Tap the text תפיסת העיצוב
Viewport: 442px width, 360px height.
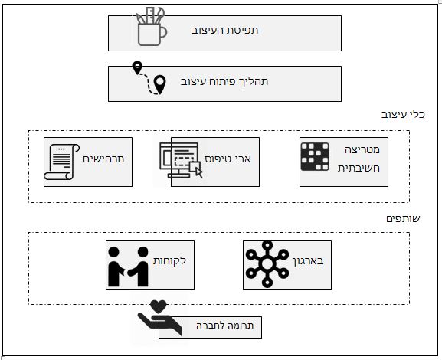pyautogui.click(x=224, y=30)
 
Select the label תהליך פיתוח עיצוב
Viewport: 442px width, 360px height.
pyautogui.click(x=224, y=81)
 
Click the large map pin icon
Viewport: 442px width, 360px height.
pyautogui.click(x=160, y=84)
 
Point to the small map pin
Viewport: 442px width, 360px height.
pyautogui.click(x=137, y=68)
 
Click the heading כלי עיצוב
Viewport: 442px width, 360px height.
pyautogui.click(x=403, y=114)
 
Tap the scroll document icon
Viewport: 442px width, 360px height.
pyautogui.click(x=62, y=162)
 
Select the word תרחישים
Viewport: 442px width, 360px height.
pyautogui.click(x=103, y=159)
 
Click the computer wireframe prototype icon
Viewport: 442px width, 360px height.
pyautogui.click(x=181, y=160)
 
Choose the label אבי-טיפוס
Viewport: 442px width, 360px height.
pyautogui.click(x=228, y=159)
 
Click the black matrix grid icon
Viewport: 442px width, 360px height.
pyautogui.click(x=315, y=157)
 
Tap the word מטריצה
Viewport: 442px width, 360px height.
pyautogui.click(x=362, y=149)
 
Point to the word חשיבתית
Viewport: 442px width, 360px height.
pyautogui.click(x=359, y=169)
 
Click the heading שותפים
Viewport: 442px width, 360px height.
pyautogui.click(x=403, y=218)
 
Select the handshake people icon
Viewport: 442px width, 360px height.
pyautogui.click(x=128, y=267)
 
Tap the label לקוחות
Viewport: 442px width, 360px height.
pyautogui.click(x=170, y=260)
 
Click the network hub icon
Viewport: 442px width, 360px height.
pyautogui.click(x=267, y=264)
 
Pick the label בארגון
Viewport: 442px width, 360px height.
pyautogui.click(x=308, y=261)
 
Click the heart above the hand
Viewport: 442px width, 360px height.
pyautogui.click(x=159, y=307)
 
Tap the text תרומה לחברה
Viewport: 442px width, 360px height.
pyautogui.click(x=225, y=326)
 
